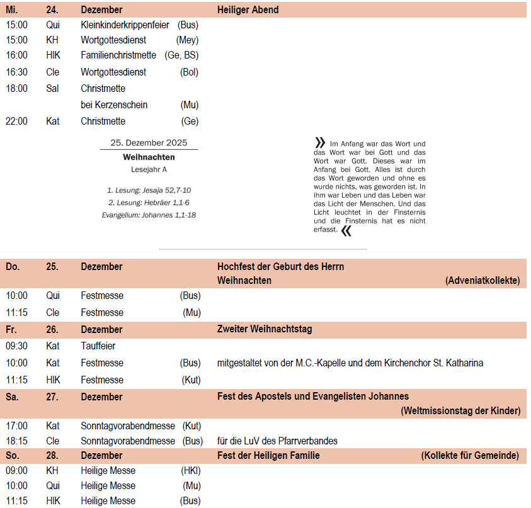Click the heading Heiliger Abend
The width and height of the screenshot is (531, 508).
point(248,10)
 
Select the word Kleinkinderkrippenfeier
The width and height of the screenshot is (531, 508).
point(125,25)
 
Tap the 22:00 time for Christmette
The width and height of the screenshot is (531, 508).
point(17,121)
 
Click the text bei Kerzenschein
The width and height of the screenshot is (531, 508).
point(114,105)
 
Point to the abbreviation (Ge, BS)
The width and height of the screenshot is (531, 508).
point(182,55)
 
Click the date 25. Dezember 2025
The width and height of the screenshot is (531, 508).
point(149,143)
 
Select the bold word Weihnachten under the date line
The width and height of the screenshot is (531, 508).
point(149,157)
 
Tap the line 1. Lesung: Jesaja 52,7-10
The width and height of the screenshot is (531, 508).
point(149,190)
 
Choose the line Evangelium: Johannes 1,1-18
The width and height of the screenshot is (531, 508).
point(149,215)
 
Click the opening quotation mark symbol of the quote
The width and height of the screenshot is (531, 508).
point(320,144)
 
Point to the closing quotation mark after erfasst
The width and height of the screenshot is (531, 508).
point(346,231)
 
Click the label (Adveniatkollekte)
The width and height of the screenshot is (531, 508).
point(482,281)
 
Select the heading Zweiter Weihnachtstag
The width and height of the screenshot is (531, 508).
point(265,329)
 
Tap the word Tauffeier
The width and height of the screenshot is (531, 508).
point(98,346)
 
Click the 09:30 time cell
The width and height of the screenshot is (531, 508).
point(17,346)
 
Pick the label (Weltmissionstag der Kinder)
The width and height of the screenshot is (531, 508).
point(460,411)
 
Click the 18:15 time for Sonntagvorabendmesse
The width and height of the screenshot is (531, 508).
point(17,441)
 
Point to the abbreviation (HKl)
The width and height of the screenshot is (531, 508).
point(190,471)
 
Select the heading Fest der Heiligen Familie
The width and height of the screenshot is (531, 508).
point(268,456)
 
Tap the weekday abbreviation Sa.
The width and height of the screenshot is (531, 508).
point(12,397)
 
